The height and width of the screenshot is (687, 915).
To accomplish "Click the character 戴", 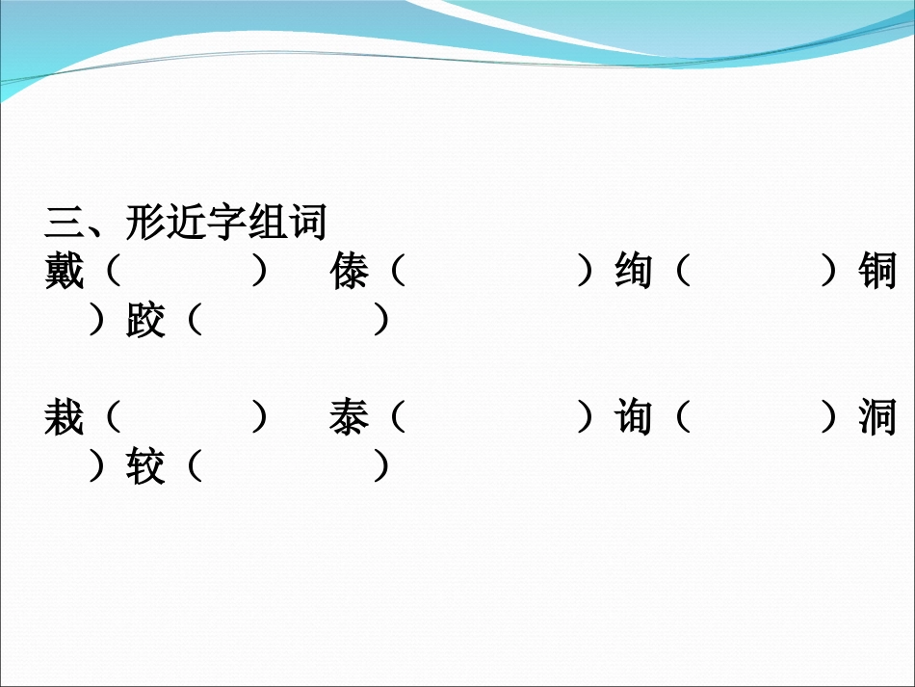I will click(x=65, y=273).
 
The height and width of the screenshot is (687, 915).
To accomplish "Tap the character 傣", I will click(x=349, y=273).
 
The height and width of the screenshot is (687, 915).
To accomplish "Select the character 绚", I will click(x=633, y=273).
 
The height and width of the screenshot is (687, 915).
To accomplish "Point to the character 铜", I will click(x=876, y=273).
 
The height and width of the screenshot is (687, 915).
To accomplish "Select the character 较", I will click(x=145, y=468).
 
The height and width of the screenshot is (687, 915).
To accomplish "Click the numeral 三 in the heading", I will click(x=65, y=224).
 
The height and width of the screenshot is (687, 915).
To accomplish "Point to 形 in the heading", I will click(x=145, y=224).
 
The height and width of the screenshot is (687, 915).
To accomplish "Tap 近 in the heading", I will click(x=186, y=224).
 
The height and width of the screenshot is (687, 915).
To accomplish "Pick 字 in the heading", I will click(x=226, y=224).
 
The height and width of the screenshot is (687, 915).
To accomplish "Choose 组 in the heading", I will click(x=267, y=224).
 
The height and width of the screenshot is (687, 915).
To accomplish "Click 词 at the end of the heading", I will click(x=307, y=224).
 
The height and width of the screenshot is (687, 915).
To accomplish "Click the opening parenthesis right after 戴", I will click(x=110, y=273).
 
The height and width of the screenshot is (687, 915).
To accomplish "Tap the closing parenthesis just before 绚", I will click(x=584, y=273).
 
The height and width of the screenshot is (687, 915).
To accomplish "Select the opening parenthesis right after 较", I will click(x=193, y=468).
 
